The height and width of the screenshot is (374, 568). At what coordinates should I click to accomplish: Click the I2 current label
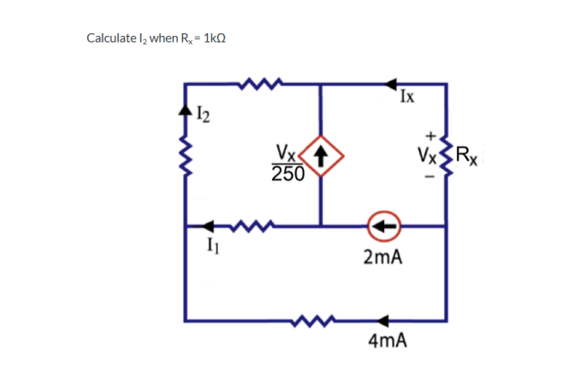click(202, 111)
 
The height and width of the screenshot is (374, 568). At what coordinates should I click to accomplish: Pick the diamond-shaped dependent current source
click(321, 155)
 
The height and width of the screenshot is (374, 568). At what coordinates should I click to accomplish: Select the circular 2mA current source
click(382, 226)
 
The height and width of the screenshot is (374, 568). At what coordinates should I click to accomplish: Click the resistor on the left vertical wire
click(185, 157)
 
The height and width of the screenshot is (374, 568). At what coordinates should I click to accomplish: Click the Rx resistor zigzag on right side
click(446, 156)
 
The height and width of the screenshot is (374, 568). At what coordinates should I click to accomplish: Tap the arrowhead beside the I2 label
click(185, 111)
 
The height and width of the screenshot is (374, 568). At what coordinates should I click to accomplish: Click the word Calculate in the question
click(110, 38)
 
